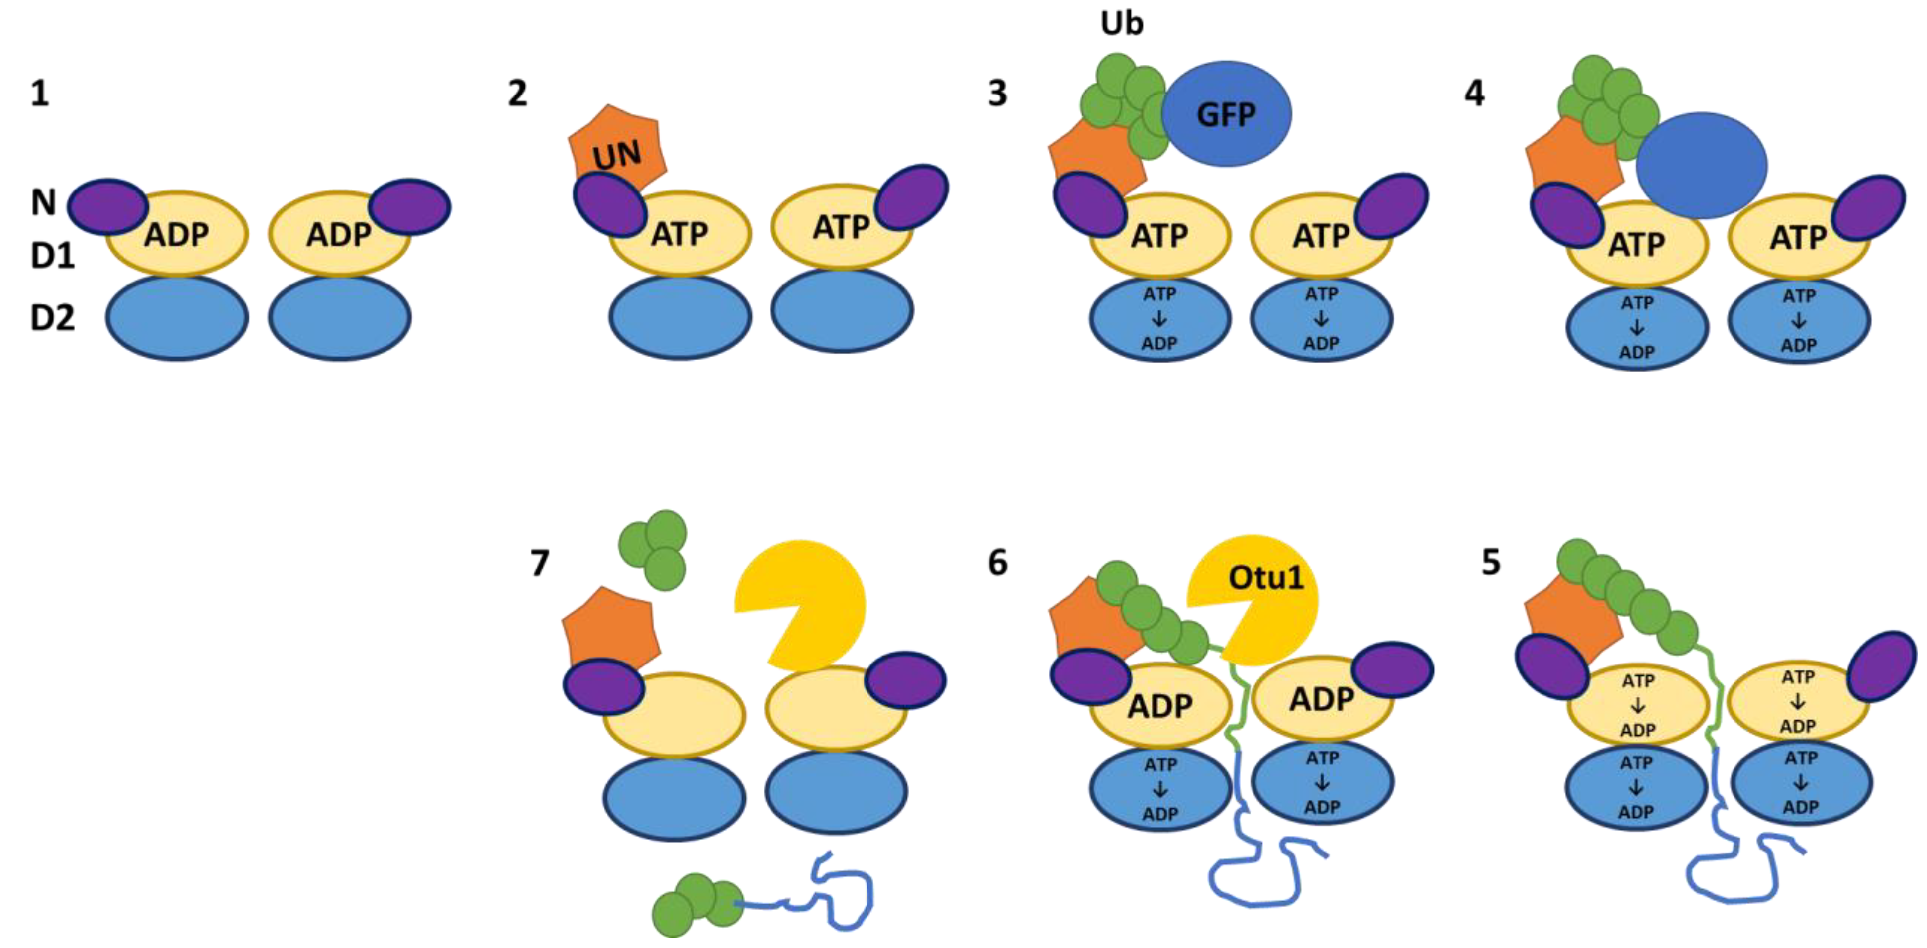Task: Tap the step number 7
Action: pyautogui.click(x=539, y=563)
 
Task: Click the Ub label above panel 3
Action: pyautogui.click(x=1121, y=24)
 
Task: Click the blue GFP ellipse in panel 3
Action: pyautogui.click(x=1227, y=114)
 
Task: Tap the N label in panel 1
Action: pyautogui.click(x=43, y=202)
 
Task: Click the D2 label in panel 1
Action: pyautogui.click(x=52, y=318)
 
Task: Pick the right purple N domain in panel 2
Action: pyautogui.click(x=911, y=196)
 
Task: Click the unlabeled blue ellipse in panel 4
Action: pyautogui.click(x=1701, y=165)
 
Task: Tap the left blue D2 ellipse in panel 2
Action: pyautogui.click(x=679, y=318)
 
